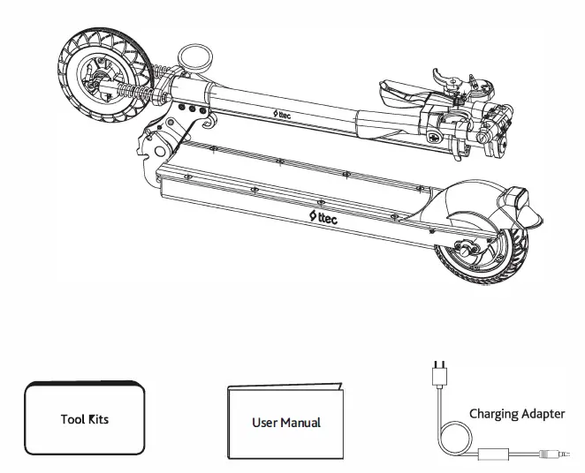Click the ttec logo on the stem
287,116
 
